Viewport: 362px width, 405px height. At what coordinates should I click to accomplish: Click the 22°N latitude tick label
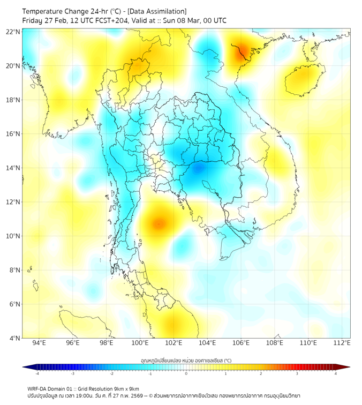[x=13, y=32]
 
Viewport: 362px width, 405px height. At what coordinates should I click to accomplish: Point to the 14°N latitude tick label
[x=13, y=168]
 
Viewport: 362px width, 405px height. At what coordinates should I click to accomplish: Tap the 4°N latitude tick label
[x=15, y=338]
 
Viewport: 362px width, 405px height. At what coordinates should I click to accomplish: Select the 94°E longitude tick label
[x=39, y=343]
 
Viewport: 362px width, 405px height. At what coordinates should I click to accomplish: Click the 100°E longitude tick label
[x=140, y=343]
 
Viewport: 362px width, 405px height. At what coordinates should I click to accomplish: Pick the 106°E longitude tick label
[x=241, y=343]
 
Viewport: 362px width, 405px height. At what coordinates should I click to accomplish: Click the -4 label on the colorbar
[x=36, y=373]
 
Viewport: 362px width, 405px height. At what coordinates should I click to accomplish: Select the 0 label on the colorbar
[x=186, y=373]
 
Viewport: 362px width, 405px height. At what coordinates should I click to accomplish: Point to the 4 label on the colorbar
[x=336, y=373]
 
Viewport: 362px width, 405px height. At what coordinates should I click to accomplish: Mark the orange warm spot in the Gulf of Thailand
[x=159, y=223]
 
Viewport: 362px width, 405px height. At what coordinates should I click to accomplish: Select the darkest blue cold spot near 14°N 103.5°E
[x=198, y=169]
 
